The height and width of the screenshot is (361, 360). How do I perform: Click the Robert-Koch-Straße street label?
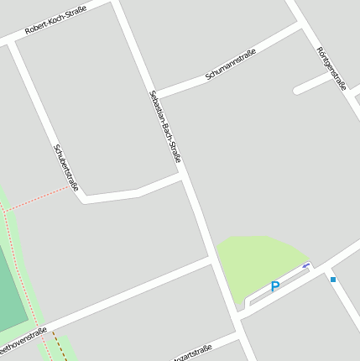click(56, 19)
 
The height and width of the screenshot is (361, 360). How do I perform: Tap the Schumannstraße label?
click(230, 65)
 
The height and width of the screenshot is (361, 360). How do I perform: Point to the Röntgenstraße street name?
click(331, 66)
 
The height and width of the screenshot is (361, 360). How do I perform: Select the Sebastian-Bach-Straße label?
click(164, 126)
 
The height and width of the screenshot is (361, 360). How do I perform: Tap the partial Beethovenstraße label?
click(22, 341)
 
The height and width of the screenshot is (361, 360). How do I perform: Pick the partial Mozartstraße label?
click(190, 350)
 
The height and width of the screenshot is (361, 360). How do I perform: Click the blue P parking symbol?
click(274, 288)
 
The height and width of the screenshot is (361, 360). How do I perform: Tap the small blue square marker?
click(333, 279)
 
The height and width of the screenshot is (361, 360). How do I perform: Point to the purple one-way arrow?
click(306, 266)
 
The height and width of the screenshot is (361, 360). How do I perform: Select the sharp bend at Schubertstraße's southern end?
click(83, 199)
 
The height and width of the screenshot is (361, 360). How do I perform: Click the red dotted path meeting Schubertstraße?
click(42, 199)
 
